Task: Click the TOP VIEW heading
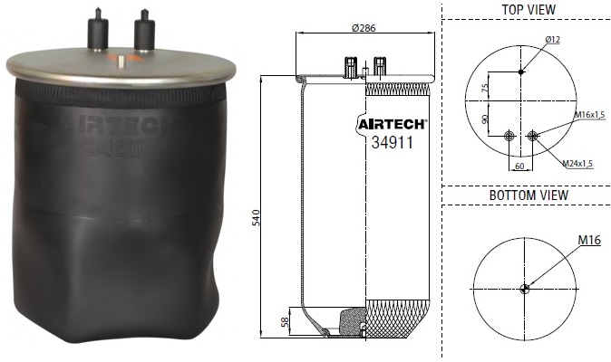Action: [x=528, y=9]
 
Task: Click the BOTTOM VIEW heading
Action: [x=528, y=195]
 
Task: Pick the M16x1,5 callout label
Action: [x=590, y=116]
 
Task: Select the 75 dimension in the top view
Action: [x=486, y=88]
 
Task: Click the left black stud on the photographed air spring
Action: [x=93, y=34]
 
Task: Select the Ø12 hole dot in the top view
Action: [x=520, y=71]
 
